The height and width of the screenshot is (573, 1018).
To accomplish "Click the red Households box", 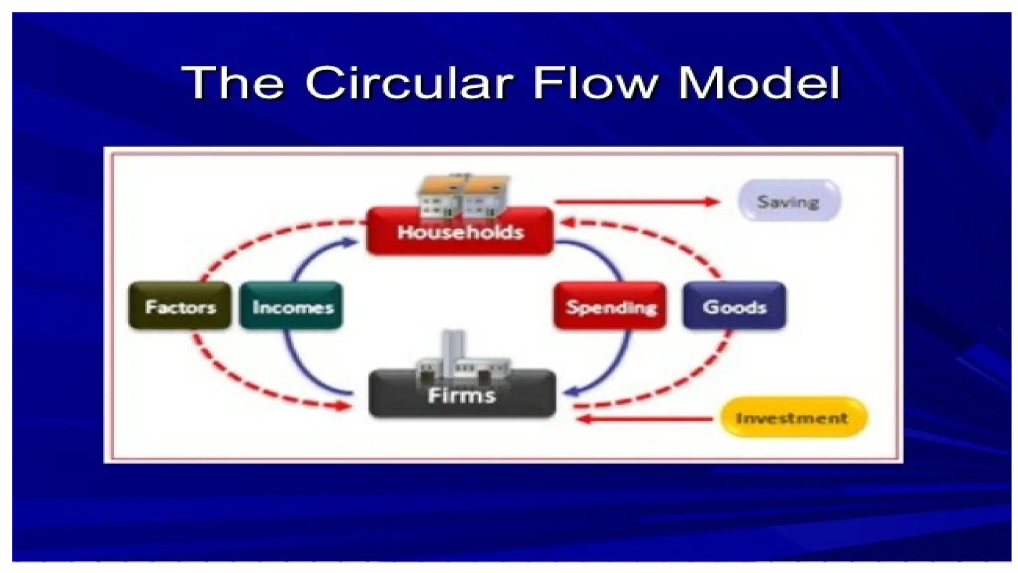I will click(460, 232).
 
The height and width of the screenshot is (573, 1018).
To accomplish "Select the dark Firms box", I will click(462, 395).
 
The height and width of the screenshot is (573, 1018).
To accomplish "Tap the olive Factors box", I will click(180, 306).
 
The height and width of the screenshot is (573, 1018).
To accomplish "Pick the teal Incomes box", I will click(292, 306).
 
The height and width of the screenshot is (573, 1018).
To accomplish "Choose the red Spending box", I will click(610, 306).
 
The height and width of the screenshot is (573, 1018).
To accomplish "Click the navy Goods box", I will click(734, 306).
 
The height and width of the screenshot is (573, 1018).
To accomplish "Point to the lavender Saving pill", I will click(788, 201).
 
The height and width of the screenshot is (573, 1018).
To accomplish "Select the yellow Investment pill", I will click(793, 417).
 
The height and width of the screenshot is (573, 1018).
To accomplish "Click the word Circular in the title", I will click(409, 83).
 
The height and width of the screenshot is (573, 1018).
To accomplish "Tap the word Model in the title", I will click(759, 83).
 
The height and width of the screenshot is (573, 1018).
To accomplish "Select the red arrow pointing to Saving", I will click(637, 201).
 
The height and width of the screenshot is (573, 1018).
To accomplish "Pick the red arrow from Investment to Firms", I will click(646, 419).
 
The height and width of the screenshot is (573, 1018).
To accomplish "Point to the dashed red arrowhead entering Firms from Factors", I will click(343, 406).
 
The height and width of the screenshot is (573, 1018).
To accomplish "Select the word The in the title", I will click(233, 83).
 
